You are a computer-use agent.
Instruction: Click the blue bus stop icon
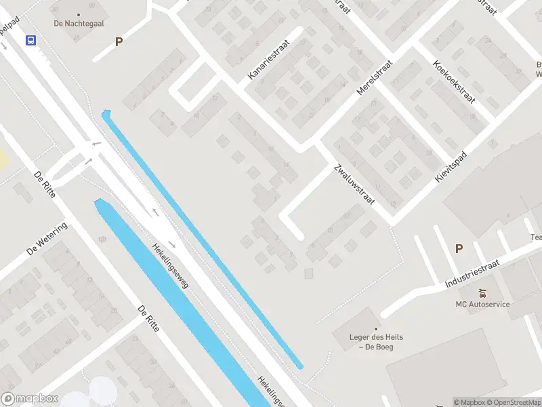click(30, 41)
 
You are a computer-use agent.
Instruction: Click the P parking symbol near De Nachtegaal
click(119, 41)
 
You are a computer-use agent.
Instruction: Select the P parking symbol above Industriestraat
click(459, 249)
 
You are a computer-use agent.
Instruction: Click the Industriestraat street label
click(472, 273)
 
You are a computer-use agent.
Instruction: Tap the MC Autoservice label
click(482, 304)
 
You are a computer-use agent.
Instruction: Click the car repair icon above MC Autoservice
click(482, 293)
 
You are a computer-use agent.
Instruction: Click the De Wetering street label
click(47, 238)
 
